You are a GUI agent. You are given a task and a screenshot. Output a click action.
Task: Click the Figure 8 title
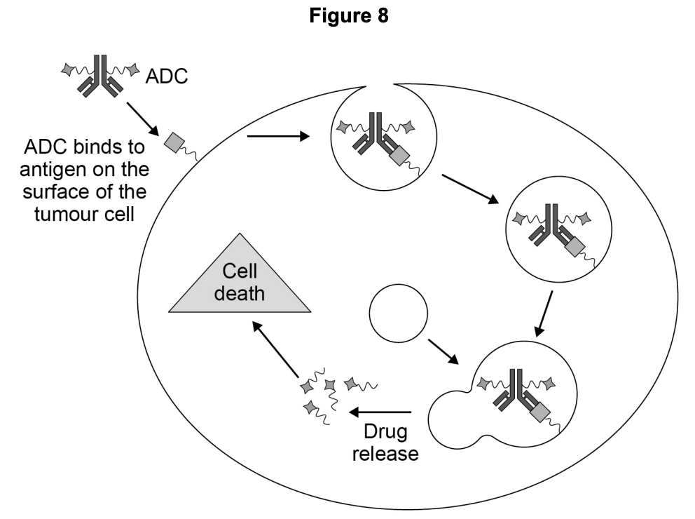coord(347,16)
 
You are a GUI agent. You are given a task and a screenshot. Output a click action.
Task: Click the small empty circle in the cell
coord(398,310)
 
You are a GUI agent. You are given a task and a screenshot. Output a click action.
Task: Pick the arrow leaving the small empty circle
coord(442,352)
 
